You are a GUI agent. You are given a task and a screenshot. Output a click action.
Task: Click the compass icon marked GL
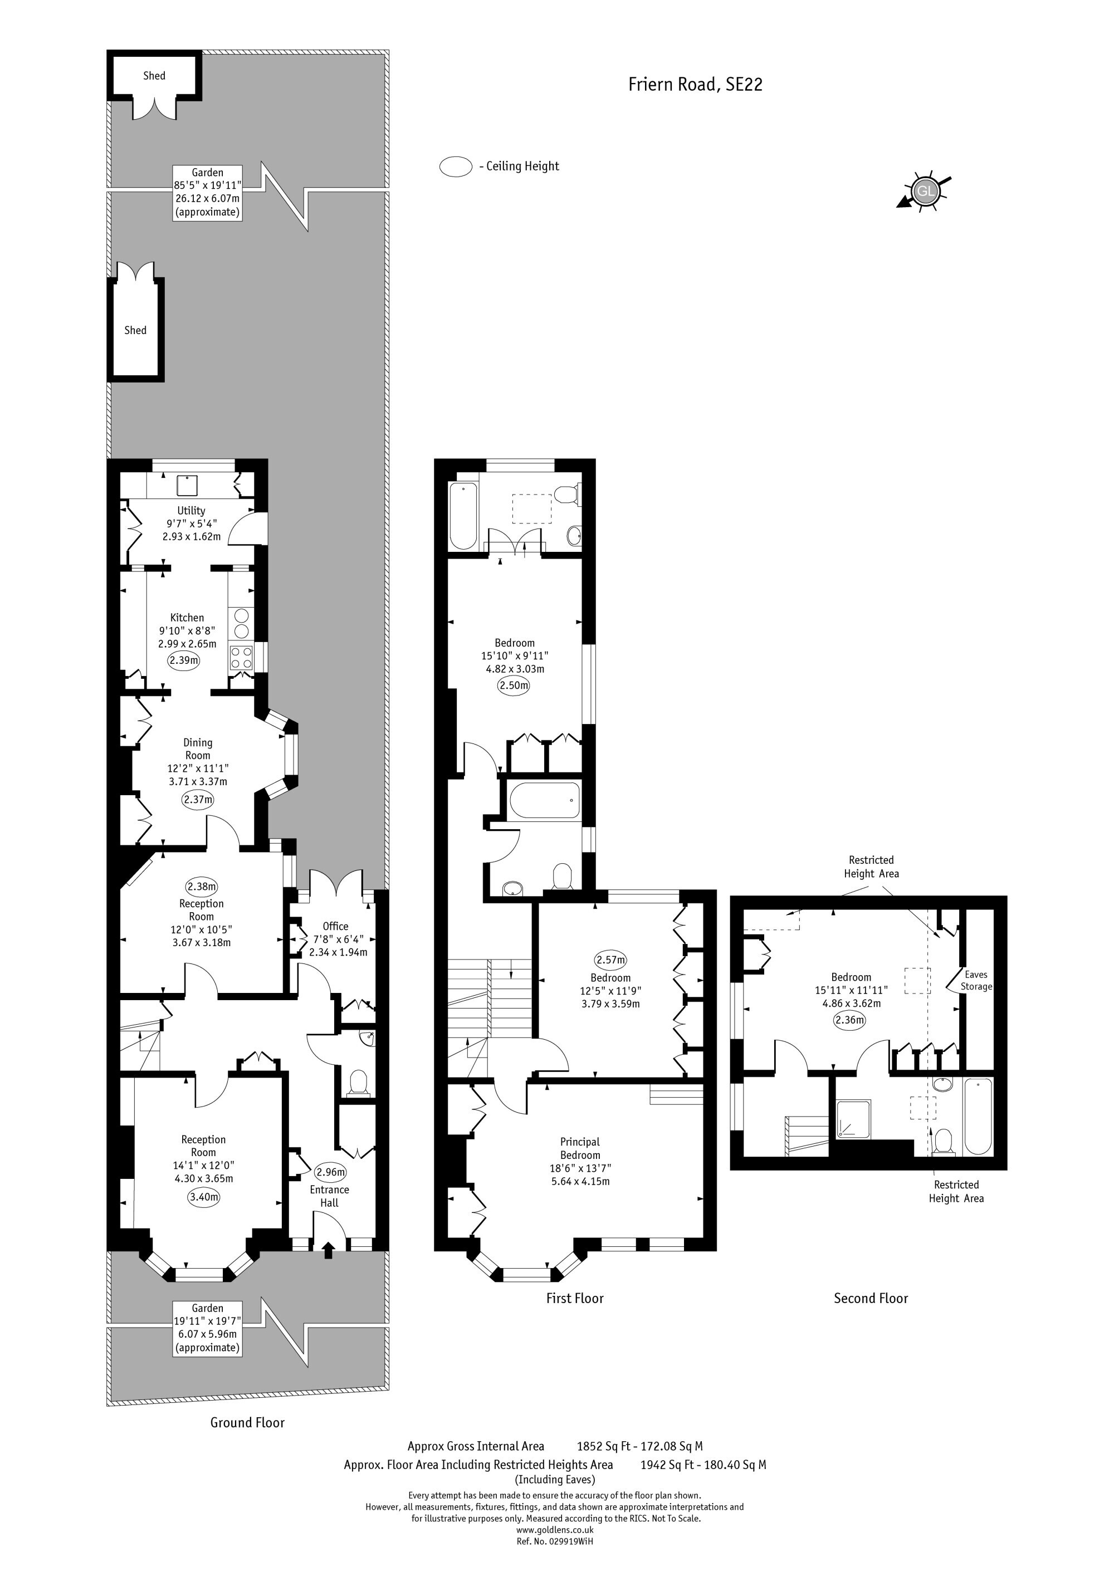[x=925, y=190]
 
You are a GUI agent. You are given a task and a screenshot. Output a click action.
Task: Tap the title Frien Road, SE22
[x=695, y=85]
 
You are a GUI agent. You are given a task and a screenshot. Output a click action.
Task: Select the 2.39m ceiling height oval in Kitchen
[x=184, y=660]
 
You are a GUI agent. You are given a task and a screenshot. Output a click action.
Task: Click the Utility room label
[x=191, y=511]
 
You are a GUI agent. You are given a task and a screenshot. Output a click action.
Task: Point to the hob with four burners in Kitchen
[x=241, y=658]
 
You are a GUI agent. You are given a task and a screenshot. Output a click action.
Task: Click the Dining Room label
[x=198, y=749]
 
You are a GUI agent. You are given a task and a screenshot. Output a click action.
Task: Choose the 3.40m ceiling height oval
[x=204, y=1197]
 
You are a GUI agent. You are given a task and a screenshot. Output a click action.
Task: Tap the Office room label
[x=336, y=926]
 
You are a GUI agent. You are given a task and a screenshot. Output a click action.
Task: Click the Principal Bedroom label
[x=580, y=1148]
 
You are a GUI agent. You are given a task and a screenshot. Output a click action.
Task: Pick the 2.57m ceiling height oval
[x=611, y=960]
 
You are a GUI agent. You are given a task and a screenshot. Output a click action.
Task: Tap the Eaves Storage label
[x=976, y=980]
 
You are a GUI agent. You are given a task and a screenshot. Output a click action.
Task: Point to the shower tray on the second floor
[x=853, y=1119]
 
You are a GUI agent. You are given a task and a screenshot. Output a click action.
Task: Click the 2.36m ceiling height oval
[x=850, y=1019]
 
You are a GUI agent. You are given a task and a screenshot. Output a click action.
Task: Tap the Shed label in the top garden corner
[x=154, y=76]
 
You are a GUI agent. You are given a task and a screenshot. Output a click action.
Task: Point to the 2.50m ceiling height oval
[x=514, y=685]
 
